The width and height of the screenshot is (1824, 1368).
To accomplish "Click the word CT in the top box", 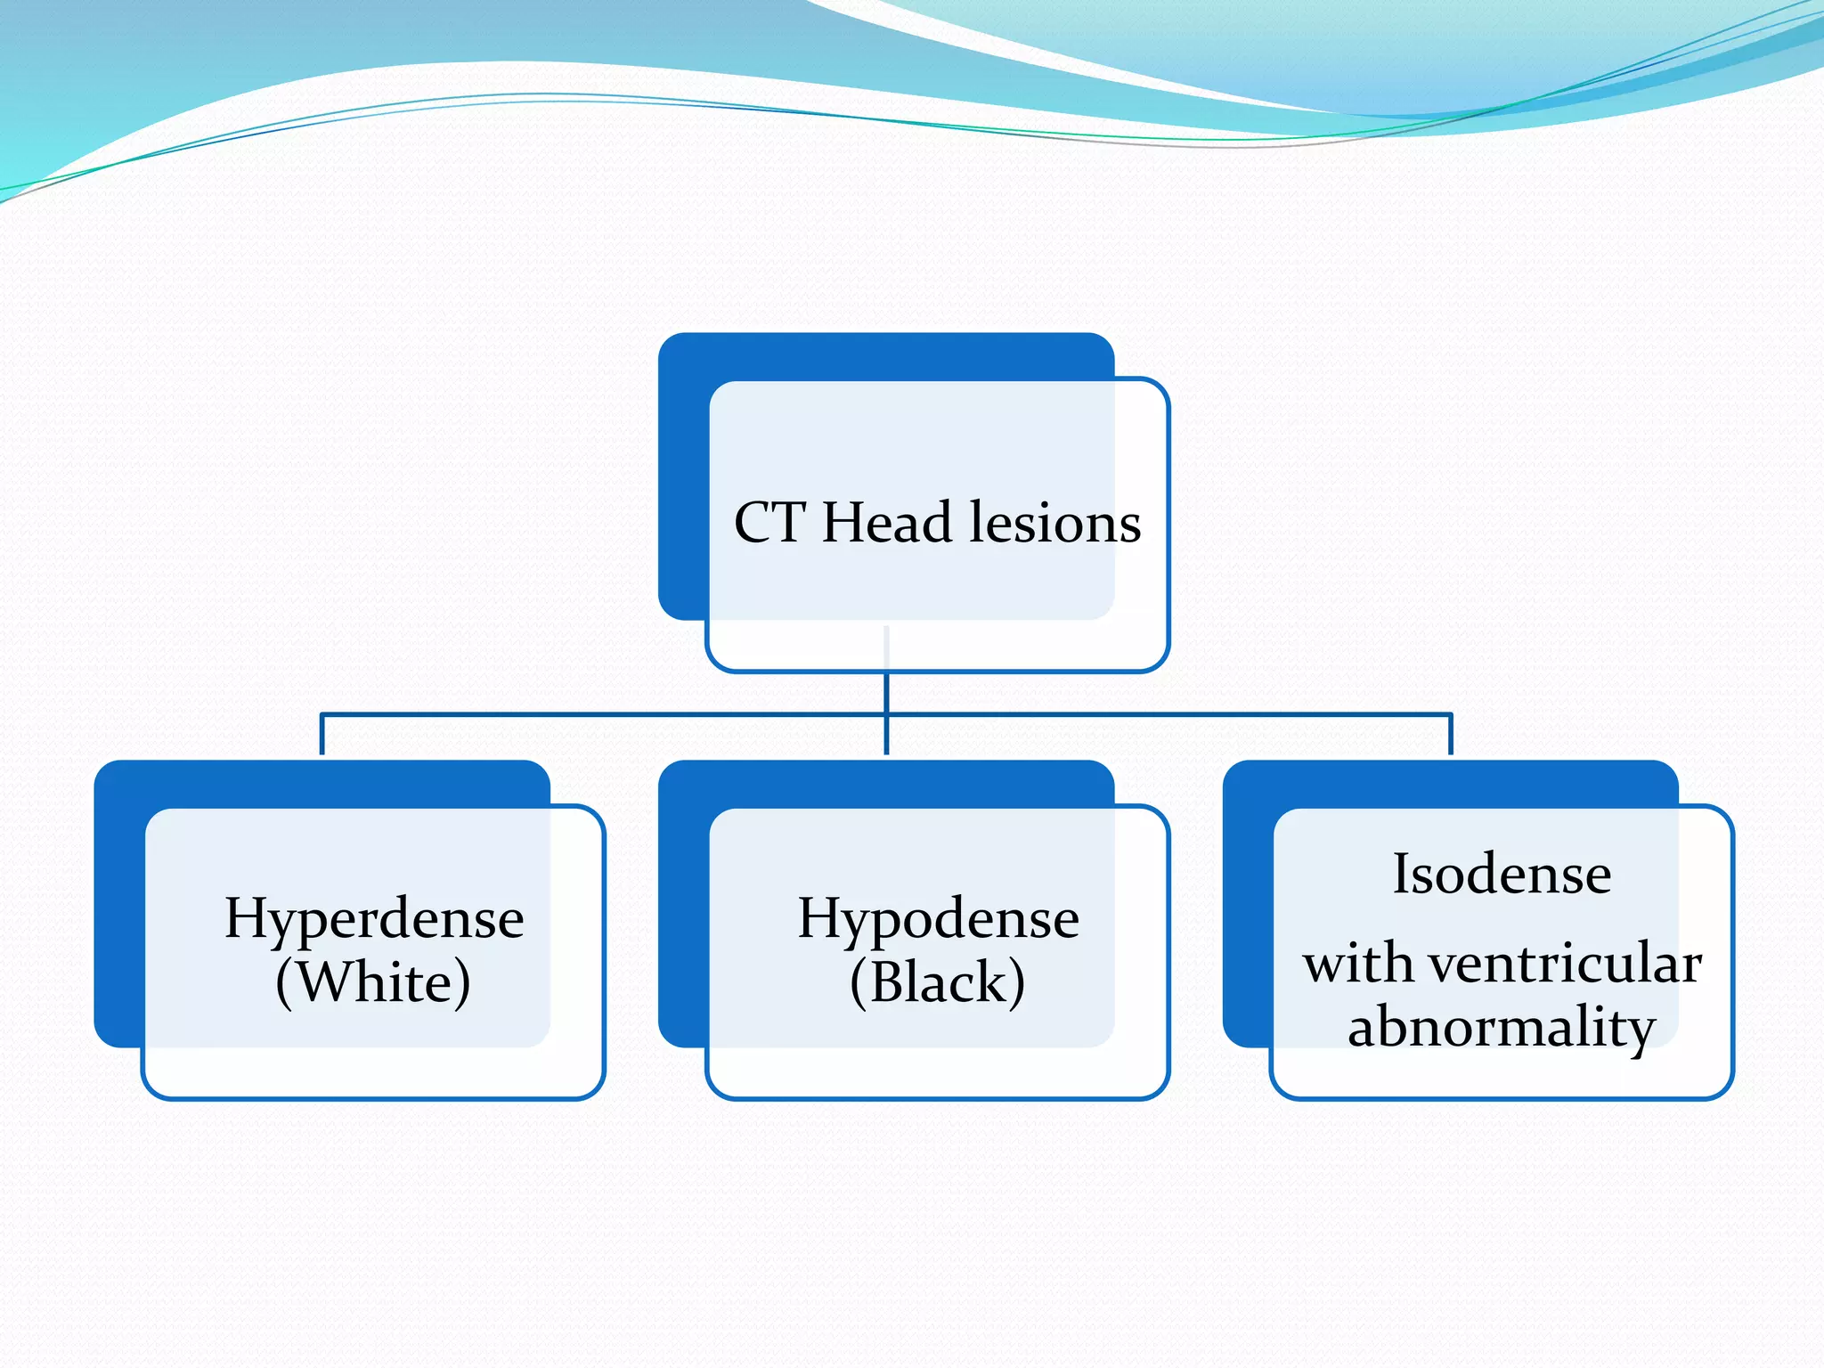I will tap(769, 523).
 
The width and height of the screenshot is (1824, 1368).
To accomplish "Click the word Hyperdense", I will tap(374, 919).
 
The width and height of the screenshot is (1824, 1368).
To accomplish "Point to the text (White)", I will tap(373, 982).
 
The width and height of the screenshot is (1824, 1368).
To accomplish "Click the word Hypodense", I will tap(938, 919).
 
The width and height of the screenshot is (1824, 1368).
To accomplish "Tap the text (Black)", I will tap(938, 982).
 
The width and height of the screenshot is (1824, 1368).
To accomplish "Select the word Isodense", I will tap(1502, 874).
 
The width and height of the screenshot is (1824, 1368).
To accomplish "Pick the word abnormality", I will tap(1502, 1027).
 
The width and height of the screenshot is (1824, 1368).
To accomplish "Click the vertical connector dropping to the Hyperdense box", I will tap(322, 735).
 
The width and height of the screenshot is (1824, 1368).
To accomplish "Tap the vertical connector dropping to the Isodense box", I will tap(1451, 735).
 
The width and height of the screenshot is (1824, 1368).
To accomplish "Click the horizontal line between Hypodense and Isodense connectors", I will tap(1167, 714).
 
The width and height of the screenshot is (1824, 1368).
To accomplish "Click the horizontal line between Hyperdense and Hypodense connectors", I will tap(606, 714).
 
